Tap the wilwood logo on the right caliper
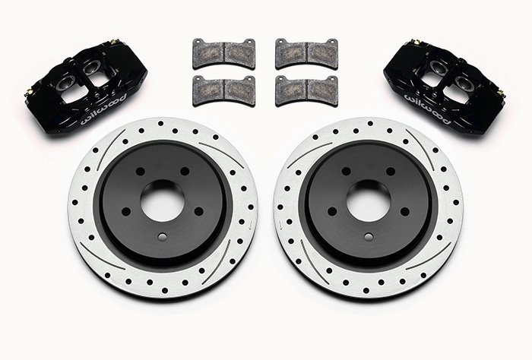[427, 109]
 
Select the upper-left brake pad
[223, 54]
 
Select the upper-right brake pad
[306, 54]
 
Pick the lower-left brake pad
[223, 90]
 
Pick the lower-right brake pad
[306, 90]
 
